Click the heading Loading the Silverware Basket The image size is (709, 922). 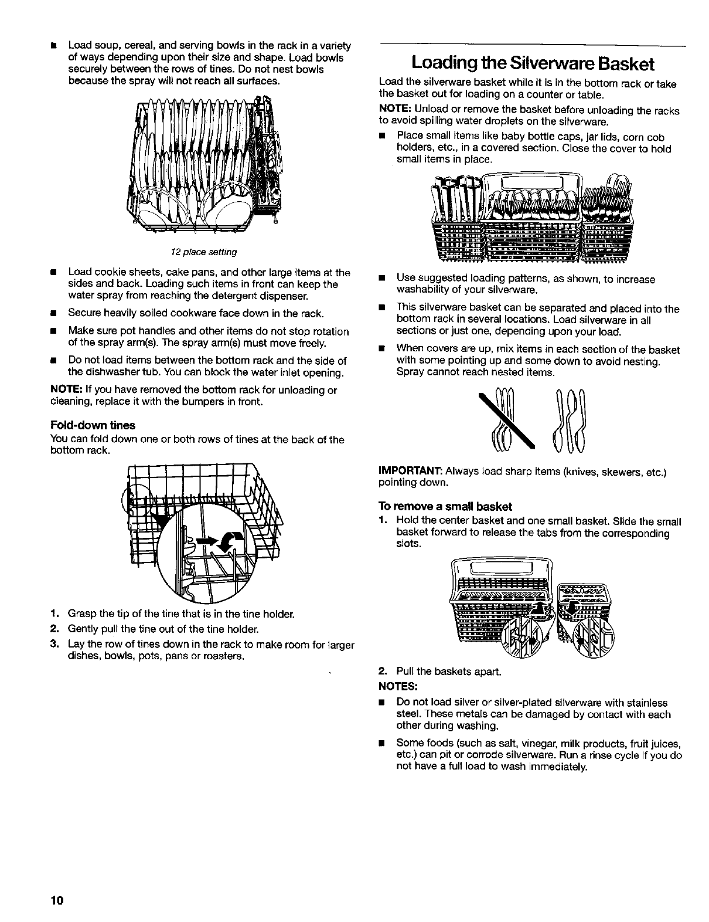pos(533,63)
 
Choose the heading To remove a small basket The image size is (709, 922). pos(445,506)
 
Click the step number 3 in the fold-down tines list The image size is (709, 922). pos(53,644)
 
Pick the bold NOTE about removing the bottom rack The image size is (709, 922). pos(63,391)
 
